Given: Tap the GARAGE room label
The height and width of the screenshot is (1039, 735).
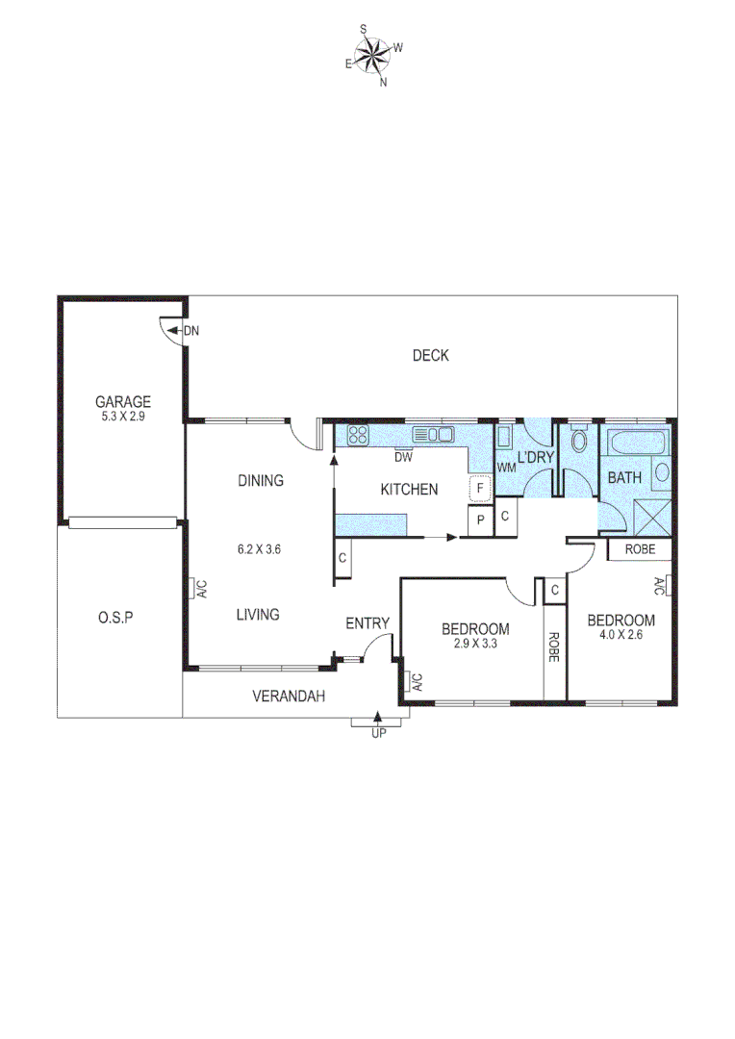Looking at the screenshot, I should pos(123,402).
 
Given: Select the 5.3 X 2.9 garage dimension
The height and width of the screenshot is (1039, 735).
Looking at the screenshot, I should pos(123,417).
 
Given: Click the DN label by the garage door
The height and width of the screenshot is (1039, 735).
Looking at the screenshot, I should pos(191,331).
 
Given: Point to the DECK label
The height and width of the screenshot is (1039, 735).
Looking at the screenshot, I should pos(430,356).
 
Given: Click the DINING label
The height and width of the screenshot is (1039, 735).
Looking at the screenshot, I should pos(260,481).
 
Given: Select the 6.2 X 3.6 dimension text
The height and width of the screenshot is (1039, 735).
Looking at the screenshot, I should pos(259,550).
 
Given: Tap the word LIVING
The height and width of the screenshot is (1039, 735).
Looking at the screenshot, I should pos(258,614).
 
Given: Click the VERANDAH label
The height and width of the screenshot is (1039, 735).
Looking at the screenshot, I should pos(288,696).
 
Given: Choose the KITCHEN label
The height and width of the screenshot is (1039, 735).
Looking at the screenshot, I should pos(409,490).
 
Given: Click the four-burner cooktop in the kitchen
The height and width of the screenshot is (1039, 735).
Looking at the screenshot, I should pos(358,435).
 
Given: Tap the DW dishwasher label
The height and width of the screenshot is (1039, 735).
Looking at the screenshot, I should pos(403,457).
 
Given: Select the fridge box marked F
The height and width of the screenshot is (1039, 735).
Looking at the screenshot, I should pos(478,490).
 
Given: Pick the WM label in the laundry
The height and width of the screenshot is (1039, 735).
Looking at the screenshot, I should pos(506,468).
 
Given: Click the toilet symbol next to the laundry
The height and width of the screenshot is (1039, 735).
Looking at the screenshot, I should pos(578,442).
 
